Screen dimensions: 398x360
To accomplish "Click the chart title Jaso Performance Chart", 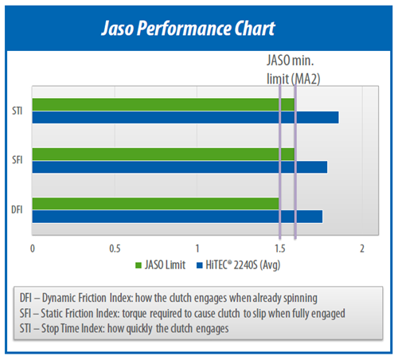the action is tap(188, 28).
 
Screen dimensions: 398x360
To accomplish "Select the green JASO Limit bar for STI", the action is tap(163, 104).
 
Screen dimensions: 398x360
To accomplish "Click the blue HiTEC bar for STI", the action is tap(185, 117).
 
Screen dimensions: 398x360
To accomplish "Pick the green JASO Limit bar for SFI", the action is tap(163, 155).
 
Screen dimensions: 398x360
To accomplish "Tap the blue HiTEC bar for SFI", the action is tap(180, 167).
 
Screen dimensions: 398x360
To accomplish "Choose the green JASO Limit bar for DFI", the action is tap(155, 204).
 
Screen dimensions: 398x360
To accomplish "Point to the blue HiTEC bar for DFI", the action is tap(178, 217).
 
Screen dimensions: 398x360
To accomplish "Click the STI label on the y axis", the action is tap(18, 111).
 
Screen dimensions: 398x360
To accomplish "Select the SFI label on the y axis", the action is tap(18, 160).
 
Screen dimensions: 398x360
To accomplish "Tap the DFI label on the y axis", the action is tap(17, 209).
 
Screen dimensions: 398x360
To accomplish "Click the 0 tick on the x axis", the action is tap(33, 248).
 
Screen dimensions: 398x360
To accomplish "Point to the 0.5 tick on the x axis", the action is tap(115, 248).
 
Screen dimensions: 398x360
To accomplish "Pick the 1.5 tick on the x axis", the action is tap(280, 248).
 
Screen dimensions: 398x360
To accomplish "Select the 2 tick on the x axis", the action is tap(362, 248).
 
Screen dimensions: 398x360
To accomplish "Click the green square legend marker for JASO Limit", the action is tap(139, 265).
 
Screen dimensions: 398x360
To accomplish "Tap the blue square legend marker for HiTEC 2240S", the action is tap(200, 265).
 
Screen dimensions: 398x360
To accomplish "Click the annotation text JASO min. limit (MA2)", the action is tap(293, 69).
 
